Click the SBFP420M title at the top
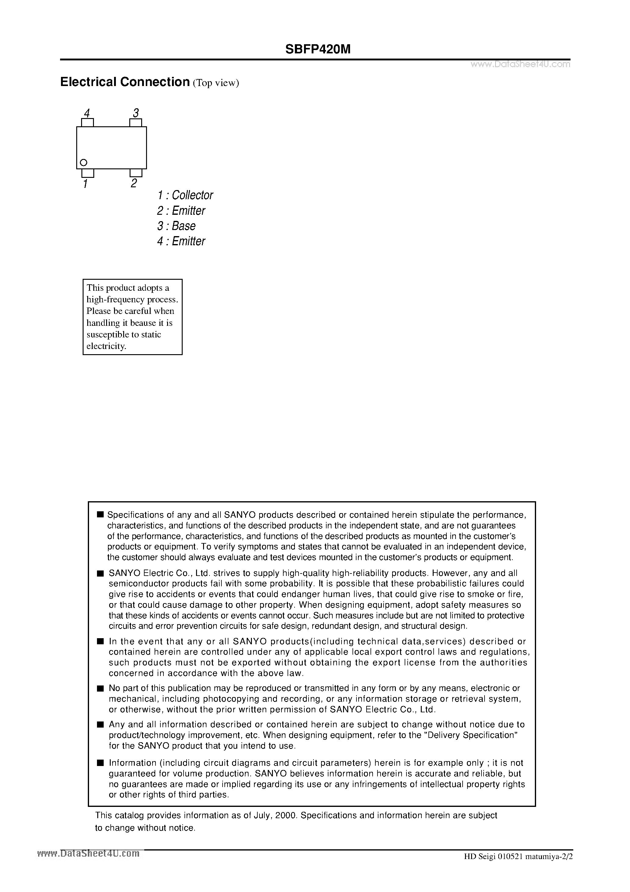[x=317, y=49]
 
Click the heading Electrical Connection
[x=125, y=82]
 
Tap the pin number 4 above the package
[x=87, y=113]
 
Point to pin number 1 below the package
[x=85, y=184]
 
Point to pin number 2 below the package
[x=134, y=183]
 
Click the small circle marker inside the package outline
[x=84, y=162]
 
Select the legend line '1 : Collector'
[x=185, y=195]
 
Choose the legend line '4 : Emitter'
[x=181, y=241]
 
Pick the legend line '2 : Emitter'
[x=181, y=210]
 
